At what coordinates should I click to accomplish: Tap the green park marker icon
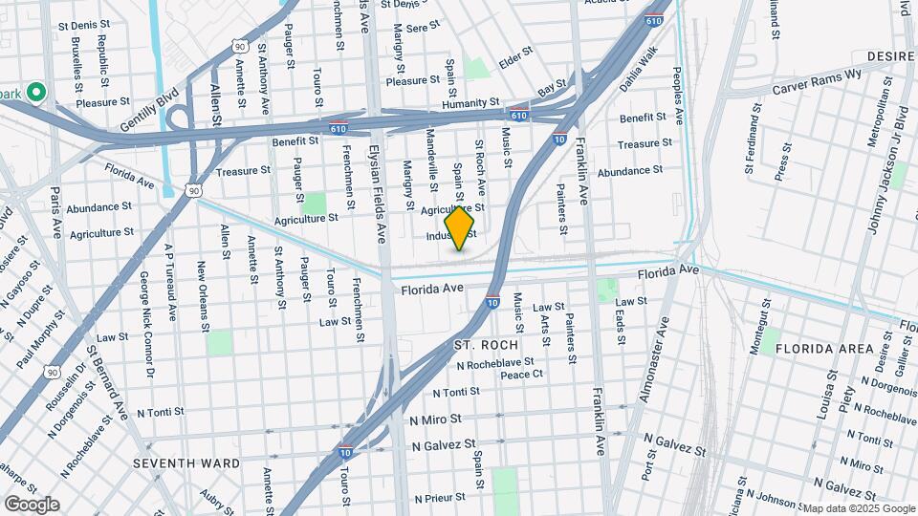[x=36, y=92]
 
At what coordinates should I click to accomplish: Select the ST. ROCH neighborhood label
[x=486, y=344]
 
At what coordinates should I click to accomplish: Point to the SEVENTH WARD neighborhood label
[x=186, y=463]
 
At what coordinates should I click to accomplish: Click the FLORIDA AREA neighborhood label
[x=824, y=349]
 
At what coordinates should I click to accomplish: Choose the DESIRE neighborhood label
[x=891, y=57]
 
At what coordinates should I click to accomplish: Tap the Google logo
[x=32, y=505]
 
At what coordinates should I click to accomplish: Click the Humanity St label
[x=470, y=102]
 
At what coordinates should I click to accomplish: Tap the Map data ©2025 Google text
[x=858, y=508]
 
